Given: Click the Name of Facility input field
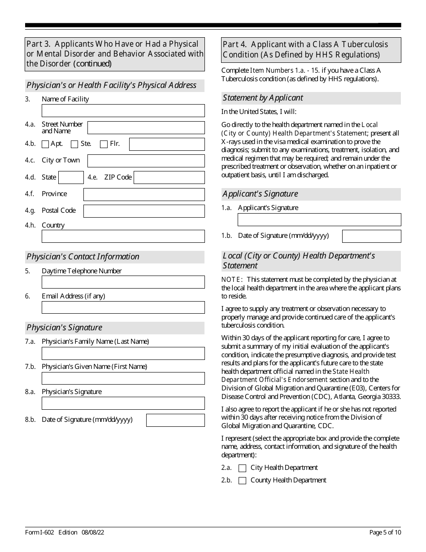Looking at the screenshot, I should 123,110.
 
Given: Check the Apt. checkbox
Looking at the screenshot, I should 45,145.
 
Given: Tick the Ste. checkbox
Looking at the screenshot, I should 75,145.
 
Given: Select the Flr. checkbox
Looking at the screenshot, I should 104,145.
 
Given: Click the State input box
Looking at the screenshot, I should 71,177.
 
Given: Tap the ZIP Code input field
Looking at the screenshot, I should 169,177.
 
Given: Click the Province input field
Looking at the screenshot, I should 144,194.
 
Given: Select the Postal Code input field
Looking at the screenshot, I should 144,211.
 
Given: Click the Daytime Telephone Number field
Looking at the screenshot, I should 123,282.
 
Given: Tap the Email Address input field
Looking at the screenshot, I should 123,307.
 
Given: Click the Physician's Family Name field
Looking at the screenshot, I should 123,353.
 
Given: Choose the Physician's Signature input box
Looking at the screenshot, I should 123,403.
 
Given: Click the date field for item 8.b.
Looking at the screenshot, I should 175,420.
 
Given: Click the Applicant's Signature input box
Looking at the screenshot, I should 319,219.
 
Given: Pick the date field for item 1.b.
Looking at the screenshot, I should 371,236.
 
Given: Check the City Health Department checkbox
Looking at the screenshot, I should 243,468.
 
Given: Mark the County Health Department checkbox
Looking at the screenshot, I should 243,481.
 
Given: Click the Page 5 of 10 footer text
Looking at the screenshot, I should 385,533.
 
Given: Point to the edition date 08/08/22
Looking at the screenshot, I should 93,533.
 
